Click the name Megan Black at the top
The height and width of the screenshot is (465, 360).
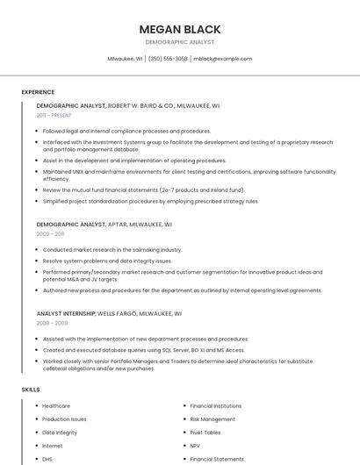[x=179, y=29]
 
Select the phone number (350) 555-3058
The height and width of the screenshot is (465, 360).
[x=168, y=59]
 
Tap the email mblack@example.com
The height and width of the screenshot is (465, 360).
[x=222, y=59]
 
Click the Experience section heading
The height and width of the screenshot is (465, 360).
[x=38, y=92]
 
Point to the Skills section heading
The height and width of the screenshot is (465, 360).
[x=31, y=389]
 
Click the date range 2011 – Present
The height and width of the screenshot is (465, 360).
[x=54, y=115]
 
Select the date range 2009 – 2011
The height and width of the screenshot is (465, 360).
[x=50, y=234]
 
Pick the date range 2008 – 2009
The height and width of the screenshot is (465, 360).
[x=52, y=323]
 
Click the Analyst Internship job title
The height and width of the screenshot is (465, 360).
[x=66, y=313]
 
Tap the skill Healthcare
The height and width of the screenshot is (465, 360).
[x=56, y=406]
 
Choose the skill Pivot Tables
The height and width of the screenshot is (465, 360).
[x=205, y=433]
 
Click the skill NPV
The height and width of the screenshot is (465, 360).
[x=197, y=446]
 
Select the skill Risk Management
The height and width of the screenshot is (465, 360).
[x=212, y=419]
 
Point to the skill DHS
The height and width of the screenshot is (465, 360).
[x=47, y=459]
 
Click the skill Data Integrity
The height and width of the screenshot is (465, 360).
[x=60, y=433]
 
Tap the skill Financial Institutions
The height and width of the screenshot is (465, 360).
[x=216, y=406]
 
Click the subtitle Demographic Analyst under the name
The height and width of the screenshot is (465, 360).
[x=179, y=42]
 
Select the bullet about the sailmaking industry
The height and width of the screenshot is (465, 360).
[x=112, y=249]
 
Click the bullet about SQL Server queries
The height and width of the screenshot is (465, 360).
[x=143, y=349]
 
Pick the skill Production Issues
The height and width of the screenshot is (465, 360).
[x=64, y=419]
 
